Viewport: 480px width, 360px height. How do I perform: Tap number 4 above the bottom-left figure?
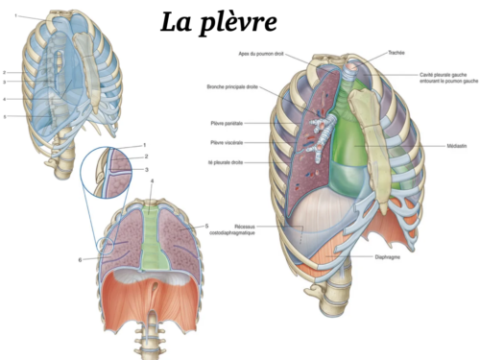point(152,182)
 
